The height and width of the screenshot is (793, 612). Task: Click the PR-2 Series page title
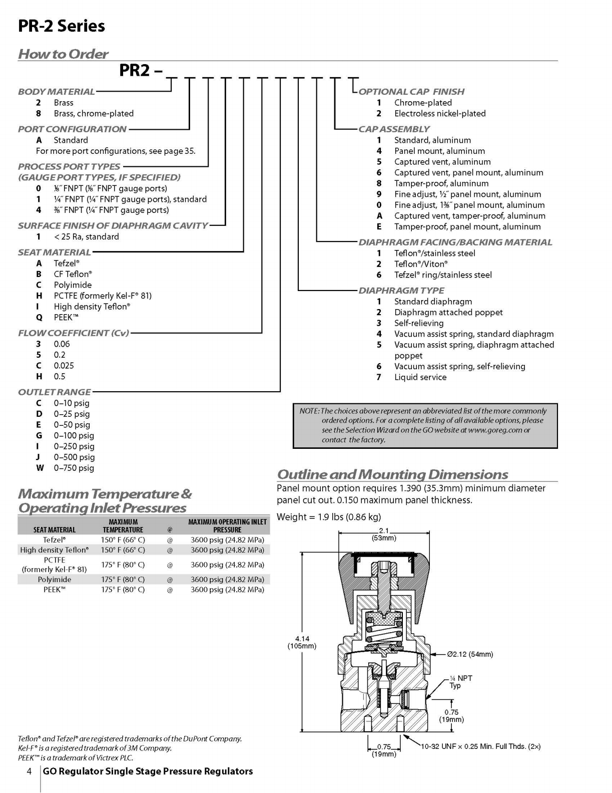click(x=61, y=26)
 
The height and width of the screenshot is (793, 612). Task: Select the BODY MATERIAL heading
click(x=57, y=92)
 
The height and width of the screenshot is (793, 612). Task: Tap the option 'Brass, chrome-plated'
click(x=94, y=114)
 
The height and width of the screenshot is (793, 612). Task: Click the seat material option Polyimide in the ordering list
click(x=73, y=285)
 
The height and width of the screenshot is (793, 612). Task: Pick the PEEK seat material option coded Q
click(x=66, y=317)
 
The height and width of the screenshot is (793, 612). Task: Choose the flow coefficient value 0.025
click(x=64, y=366)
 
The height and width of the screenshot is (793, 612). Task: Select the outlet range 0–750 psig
click(x=74, y=468)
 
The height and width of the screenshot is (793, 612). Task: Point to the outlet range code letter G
click(x=39, y=436)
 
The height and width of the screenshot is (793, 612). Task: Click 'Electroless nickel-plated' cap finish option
click(x=440, y=114)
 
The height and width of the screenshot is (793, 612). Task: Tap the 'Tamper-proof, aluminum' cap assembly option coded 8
click(x=441, y=183)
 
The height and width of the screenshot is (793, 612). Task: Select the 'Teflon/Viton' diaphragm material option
click(x=421, y=264)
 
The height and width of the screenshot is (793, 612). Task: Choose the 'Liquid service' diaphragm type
click(x=420, y=377)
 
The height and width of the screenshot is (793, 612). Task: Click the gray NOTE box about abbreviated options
click(x=425, y=425)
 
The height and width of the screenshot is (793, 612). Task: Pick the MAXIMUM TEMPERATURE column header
click(x=123, y=525)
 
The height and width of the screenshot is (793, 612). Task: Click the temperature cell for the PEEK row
click(x=123, y=590)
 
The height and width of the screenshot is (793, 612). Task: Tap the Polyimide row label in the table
click(x=55, y=579)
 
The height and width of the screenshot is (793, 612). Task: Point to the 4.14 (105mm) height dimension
click(x=302, y=642)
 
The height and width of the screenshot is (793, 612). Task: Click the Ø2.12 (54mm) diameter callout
click(x=470, y=654)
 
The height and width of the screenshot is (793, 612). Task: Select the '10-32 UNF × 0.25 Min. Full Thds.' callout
click(x=481, y=746)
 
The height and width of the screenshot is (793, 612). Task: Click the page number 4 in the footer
click(x=30, y=771)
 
